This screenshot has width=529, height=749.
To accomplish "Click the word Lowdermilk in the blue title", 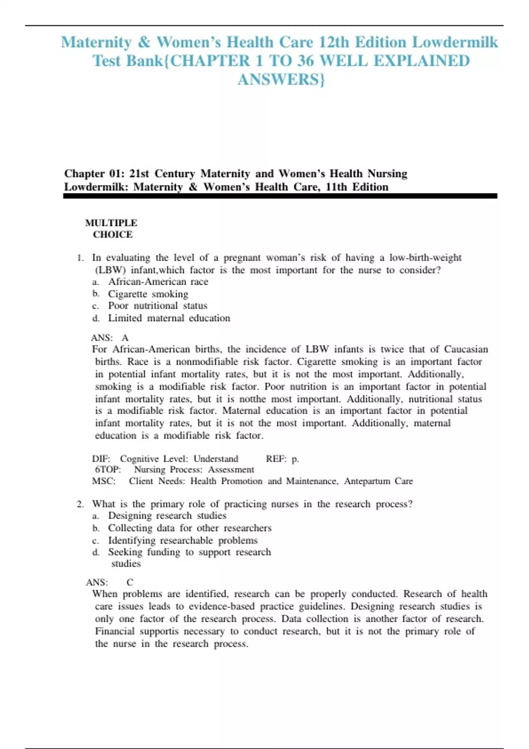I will (454, 42).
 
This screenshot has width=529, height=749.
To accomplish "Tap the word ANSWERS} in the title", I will (281, 80).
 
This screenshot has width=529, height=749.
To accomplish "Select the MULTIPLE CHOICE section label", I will (112, 229).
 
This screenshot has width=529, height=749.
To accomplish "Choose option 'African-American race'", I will (158, 282).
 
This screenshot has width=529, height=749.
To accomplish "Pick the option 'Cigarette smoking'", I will (148, 294).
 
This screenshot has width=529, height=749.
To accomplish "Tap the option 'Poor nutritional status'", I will (157, 306).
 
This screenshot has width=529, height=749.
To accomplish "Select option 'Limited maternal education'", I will (169, 318).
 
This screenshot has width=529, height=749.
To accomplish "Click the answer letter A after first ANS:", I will (125, 338).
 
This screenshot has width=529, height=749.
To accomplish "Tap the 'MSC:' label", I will (104, 481).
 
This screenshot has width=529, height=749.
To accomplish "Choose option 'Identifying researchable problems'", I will (183, 540).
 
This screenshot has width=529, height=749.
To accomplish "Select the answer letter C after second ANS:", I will (130, 582).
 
